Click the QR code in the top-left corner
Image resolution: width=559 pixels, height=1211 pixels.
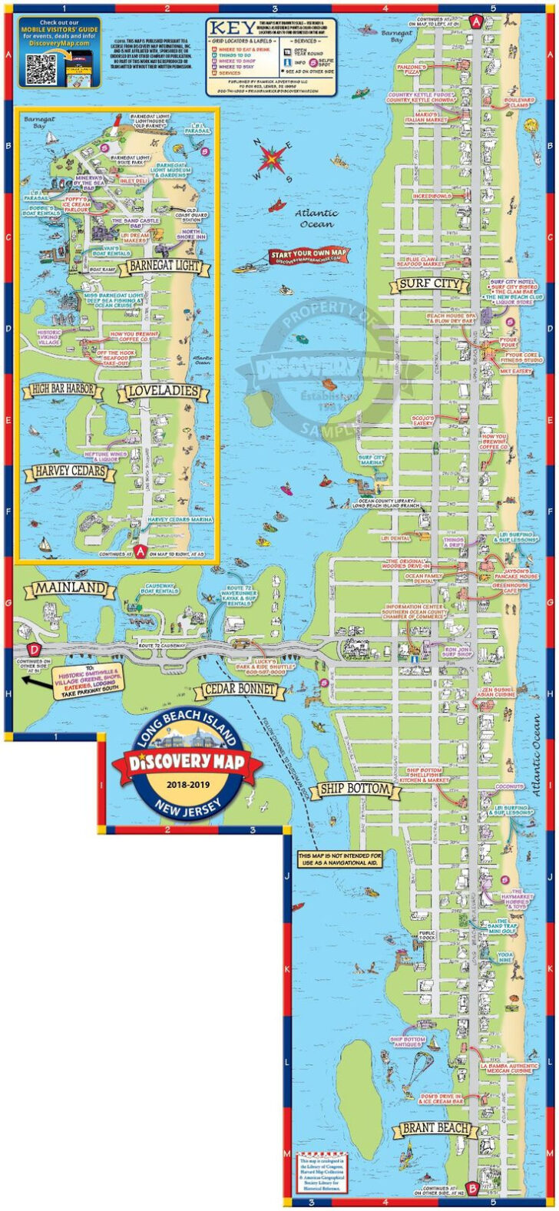41,70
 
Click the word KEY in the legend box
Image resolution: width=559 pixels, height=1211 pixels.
229,25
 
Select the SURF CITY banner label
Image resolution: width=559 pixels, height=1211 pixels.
430,284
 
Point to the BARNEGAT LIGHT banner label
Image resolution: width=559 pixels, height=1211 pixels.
164,266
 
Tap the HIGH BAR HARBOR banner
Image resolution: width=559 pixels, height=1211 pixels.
63,389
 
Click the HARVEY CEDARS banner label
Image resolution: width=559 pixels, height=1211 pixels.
69,471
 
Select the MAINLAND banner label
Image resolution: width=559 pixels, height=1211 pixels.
69,589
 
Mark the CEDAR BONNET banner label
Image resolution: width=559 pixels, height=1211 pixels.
240,689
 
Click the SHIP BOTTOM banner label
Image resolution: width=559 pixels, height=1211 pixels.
356,789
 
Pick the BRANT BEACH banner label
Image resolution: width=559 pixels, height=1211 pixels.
435,1129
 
